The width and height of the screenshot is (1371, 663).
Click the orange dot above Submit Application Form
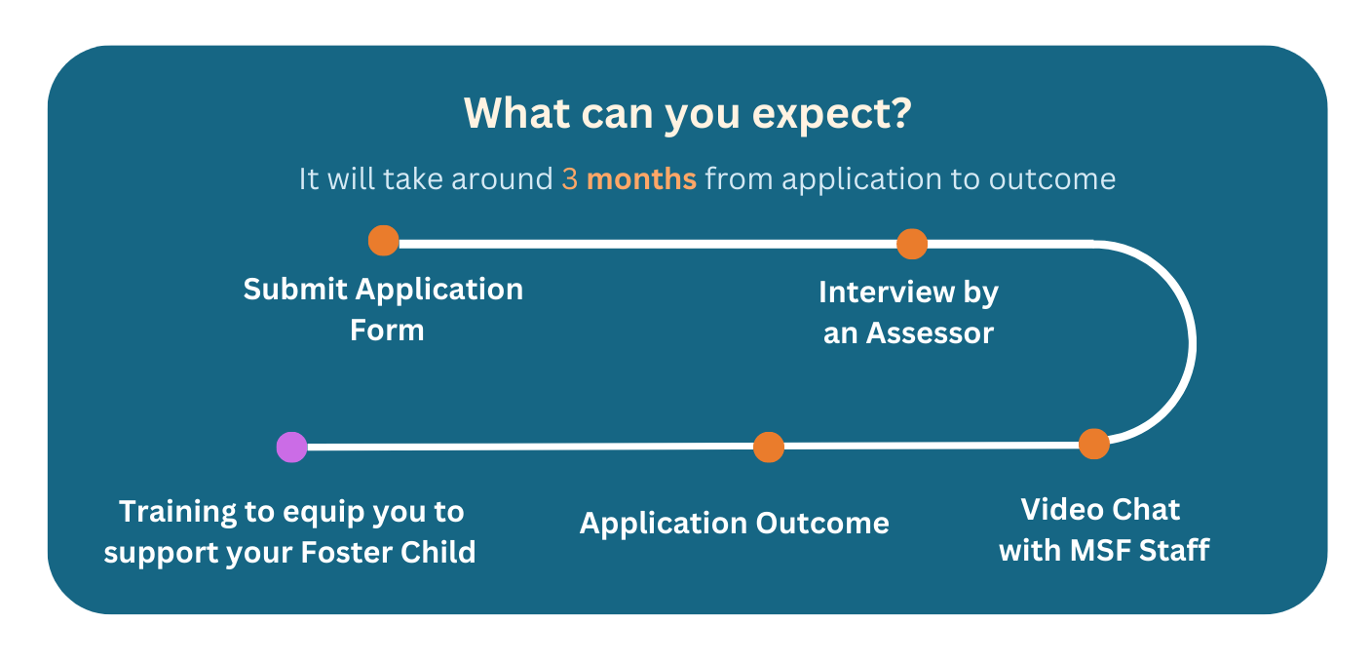tap(383, 240)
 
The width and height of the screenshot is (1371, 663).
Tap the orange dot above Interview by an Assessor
tap(911, 244)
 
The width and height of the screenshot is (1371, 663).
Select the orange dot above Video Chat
tap(1093, 444)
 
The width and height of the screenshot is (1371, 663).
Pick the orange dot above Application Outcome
tap(769, 447)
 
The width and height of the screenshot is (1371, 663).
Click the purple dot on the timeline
tap(292, 447)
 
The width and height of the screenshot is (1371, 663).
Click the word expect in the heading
tap(819, 115)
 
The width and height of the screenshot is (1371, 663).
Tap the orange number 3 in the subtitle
tap(569, 178)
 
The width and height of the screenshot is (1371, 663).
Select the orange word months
tap(641, 178)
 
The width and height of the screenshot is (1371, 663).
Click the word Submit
tap(295, 289)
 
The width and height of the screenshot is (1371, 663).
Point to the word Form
tap(387, 331)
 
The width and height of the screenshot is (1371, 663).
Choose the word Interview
tap(887, 292)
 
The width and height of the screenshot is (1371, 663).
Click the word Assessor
tap(930, 333)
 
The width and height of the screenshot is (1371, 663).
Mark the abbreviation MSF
tap(1100, 550)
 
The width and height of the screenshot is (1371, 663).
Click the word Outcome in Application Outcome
tap(822, 524)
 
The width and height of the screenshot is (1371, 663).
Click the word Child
tap(438, 552)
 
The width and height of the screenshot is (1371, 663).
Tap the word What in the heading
tap(517, 113)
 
